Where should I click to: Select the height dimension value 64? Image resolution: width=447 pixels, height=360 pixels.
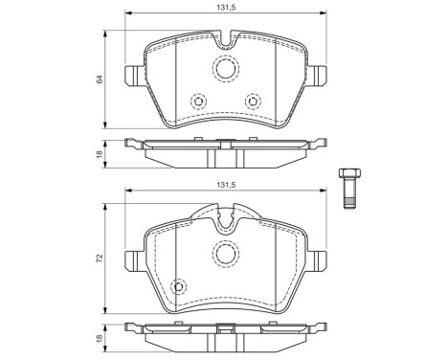point(99,79)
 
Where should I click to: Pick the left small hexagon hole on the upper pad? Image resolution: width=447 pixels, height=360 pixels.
point(198,101)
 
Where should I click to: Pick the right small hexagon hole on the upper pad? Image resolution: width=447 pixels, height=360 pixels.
point(253,101)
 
